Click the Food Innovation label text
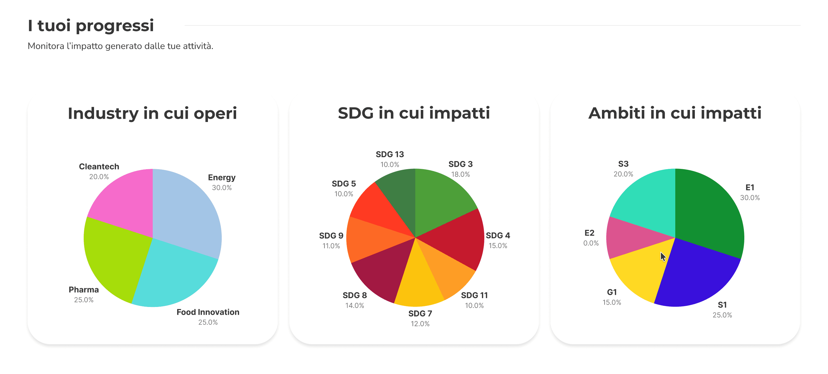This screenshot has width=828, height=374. pyautogui.click(x=208, y=312)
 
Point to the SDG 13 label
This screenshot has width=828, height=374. pyautogui.click(x=390, y=154)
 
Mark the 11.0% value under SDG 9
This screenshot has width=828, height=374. pyautogui.click(x=331, y=246)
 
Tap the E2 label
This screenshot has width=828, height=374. pyautogui.click(x=589, y=233)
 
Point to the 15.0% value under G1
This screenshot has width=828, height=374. pyautogui.click(x=612, y=302)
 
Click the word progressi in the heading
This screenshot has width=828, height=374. pyautogui.click(x=115, y=25)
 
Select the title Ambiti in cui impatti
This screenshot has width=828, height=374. pyautogui.click(x=675, y=113)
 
